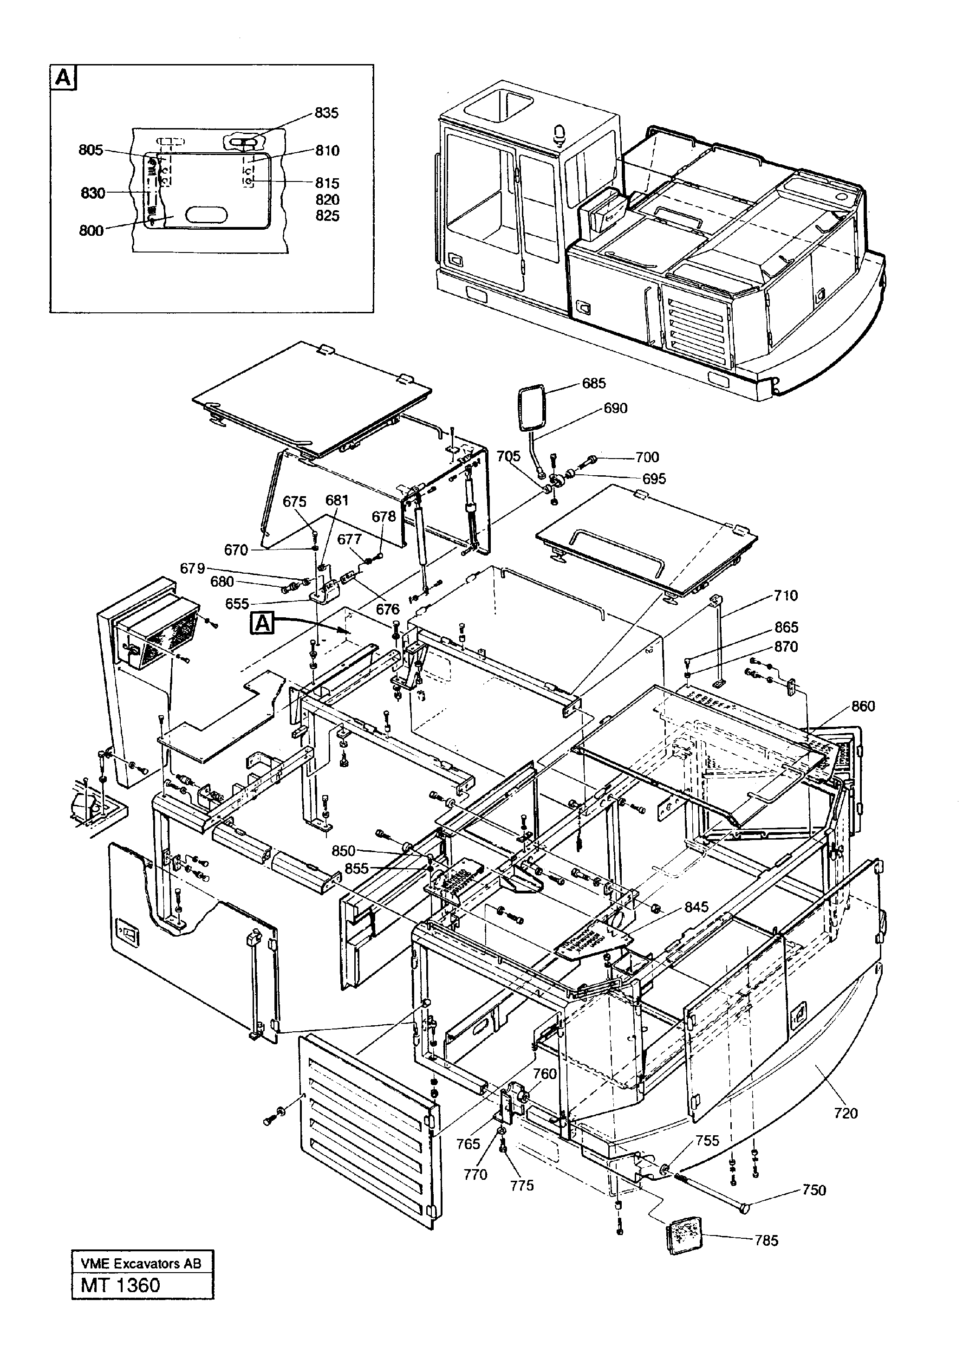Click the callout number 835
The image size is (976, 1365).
pyautogui.click(x=326, y=113)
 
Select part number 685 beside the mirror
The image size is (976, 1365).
pyautogui.click(x=594, y=383)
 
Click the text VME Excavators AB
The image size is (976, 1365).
pyautogui.click(x=141, y=1263)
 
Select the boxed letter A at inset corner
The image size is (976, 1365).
pyautogui.click(x=64, y=78)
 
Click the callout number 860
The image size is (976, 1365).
pyautogui.click(x=863, y=706)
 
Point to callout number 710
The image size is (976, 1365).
pyautogui.click(x=786, y=595)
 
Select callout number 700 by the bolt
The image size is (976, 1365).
pyautogui.click(x=647, y=457)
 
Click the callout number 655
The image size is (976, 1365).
pyautogui.click(x=237, y=604)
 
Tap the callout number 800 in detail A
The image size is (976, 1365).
pyautogui.click(x=91, y=231)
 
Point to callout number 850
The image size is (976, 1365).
pyautogui.click(x=344, y=851)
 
